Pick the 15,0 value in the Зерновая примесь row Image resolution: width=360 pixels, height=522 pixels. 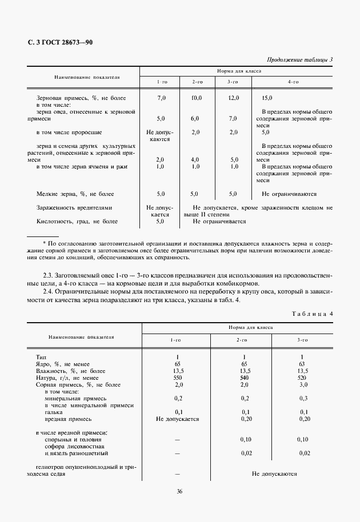[267, 98]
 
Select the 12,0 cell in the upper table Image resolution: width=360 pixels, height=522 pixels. [233, 98]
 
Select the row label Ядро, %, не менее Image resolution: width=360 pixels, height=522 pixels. [63, 363]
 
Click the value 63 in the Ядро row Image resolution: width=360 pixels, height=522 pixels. [303, 363]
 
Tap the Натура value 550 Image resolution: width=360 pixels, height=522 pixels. [177, 378]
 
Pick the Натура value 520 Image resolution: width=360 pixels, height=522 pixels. [303, 378]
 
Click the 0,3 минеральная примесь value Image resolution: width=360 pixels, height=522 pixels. [303, 398]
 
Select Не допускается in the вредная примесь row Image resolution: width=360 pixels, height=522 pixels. [177, 419]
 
